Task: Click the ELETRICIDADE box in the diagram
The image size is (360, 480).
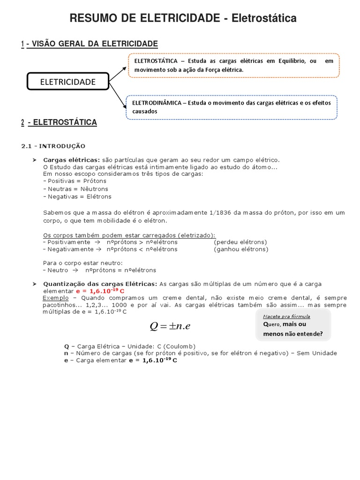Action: click(68, 82)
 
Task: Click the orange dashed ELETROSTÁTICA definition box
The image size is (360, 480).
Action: click(233, 65)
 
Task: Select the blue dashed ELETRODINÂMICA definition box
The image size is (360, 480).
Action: click(232, 107)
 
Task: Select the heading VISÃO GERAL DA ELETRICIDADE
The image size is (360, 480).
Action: click(93, 44)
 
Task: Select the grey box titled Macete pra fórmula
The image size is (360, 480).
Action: click(293, 325)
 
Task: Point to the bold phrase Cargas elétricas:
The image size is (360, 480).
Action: click(71, 160)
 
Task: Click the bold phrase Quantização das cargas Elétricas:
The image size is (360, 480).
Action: click(100, 284)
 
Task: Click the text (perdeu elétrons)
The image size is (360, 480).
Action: click(240, 242)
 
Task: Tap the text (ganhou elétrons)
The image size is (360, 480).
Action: click(241, 249)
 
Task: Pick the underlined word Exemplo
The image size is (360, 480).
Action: click(55, 298)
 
